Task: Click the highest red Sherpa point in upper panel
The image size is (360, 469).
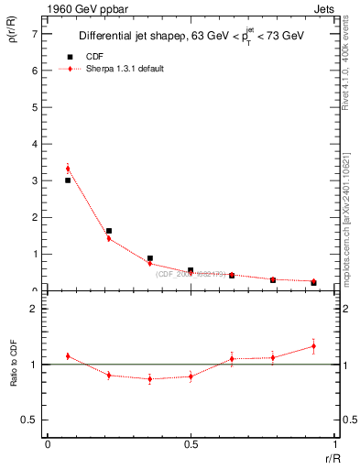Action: click(x=69, y=169)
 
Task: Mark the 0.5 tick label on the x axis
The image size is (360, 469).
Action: click(x=191, y=445)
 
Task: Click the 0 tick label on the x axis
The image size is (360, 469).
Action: click(x=48, y=445)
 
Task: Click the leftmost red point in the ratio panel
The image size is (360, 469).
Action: click(x=69, y=355)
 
